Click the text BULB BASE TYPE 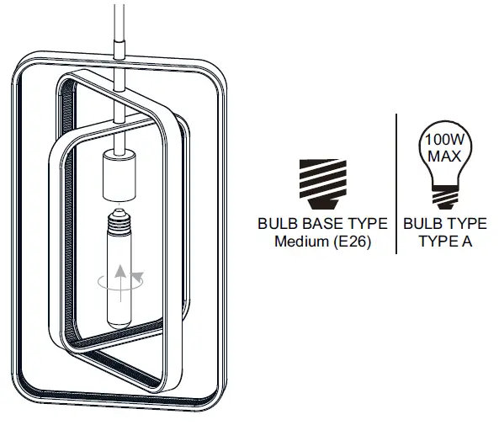322,224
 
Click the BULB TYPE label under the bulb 444,224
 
